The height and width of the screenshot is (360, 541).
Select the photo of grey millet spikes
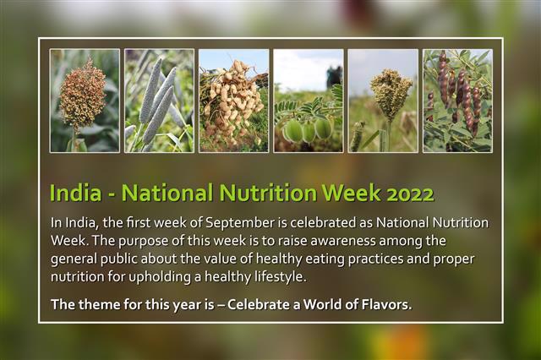[159, 101]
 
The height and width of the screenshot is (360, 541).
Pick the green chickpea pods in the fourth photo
[306, 128]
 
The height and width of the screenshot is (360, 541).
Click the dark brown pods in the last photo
[456, 93]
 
